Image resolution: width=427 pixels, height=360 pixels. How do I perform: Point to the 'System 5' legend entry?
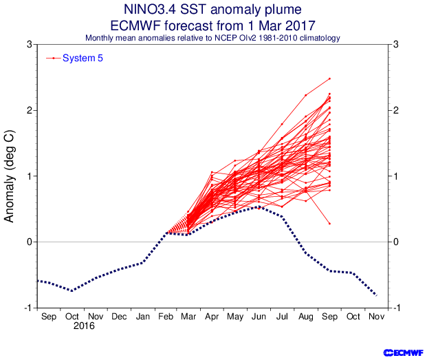pyautogui.click(x=83, y=58)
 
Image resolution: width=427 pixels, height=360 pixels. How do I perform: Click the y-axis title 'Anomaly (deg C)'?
pyautogui.click(x=10, y=176)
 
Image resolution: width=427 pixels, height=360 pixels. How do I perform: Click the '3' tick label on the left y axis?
pyautogui.click(x=29, y=45)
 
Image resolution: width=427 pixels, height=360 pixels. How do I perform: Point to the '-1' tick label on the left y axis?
pyautogui.click(x=27, y=308)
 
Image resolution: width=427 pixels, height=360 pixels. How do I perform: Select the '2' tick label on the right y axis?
pyautogui.click(x=395, y=110)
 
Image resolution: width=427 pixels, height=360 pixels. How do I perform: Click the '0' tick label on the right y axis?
pyautogui.click(x=395, y=242)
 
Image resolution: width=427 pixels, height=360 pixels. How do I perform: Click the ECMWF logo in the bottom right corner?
pyautogui.click(x=402, y=352)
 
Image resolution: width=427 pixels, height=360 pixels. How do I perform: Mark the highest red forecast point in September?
pyautogui.click(x=330, y=78)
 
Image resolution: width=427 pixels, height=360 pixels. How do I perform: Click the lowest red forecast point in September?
pyautogui.click(x=330, y=224)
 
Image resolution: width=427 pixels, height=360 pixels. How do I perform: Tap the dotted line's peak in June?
pyautogui.click(x=259, y=207)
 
